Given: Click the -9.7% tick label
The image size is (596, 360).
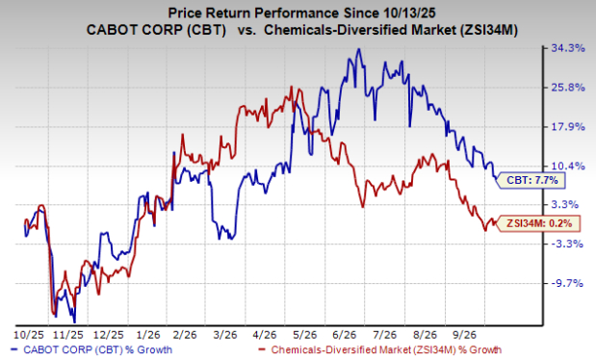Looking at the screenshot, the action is click(x=566, y=283).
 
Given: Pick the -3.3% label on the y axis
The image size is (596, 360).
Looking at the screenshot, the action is click(x=566, y=244).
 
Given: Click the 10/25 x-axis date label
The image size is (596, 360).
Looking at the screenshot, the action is click(x=29, y=335).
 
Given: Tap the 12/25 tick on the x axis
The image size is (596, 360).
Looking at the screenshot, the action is click(x=109, y=335).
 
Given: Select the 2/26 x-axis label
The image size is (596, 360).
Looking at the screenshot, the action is click(x=185, y=335).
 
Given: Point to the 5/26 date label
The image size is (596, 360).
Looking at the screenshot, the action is click(x=304, y=335).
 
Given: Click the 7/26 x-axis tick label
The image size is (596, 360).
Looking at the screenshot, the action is click(x=384, y=335).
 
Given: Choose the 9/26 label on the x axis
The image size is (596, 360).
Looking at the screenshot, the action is click(x=464, y=335).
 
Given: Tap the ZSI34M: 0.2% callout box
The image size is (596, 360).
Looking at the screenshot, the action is click(x=537, y=223).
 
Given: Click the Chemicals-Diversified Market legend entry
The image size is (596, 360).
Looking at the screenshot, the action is click(x=379, y=349).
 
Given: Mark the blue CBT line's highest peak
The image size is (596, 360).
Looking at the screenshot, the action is click(x=358, y=49).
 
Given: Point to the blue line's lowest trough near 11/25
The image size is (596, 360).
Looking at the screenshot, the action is click(x=74, y=321).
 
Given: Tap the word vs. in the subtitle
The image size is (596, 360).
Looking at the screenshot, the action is click(x=246, y=31).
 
